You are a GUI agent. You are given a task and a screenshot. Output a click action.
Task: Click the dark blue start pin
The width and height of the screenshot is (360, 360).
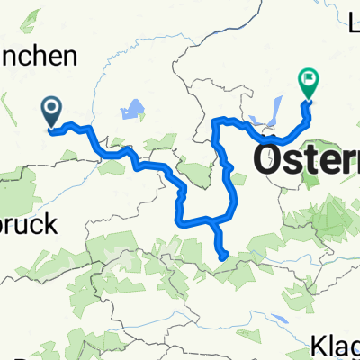(x=51, y=111)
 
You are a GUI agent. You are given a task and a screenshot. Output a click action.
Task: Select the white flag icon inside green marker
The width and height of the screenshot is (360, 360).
(x=309, y=80)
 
